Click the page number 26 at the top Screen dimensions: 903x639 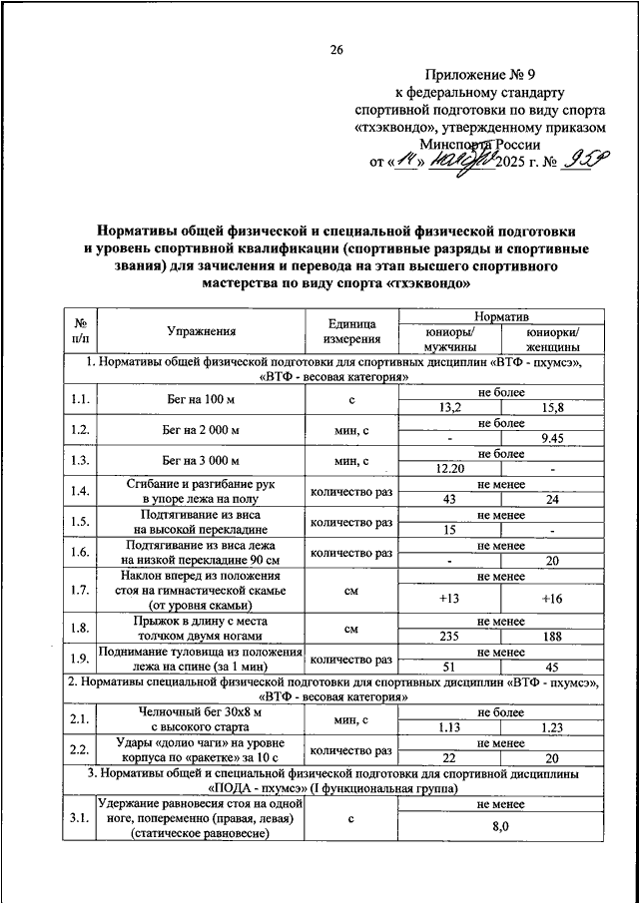point(336,51)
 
